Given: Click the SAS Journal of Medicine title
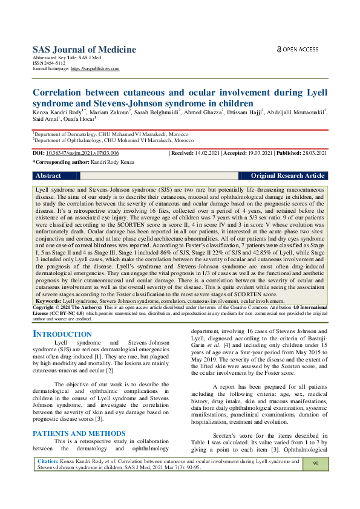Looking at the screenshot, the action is click(84, 50).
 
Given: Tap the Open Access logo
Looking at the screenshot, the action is click(297, 49).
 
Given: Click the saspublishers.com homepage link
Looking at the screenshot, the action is click(95, 69).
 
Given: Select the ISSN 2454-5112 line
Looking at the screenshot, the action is click(49, 63).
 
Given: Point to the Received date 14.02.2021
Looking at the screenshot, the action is click(203, 154).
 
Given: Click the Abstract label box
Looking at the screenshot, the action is click(48, 176).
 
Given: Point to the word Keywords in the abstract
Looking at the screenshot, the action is click(48, 300).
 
